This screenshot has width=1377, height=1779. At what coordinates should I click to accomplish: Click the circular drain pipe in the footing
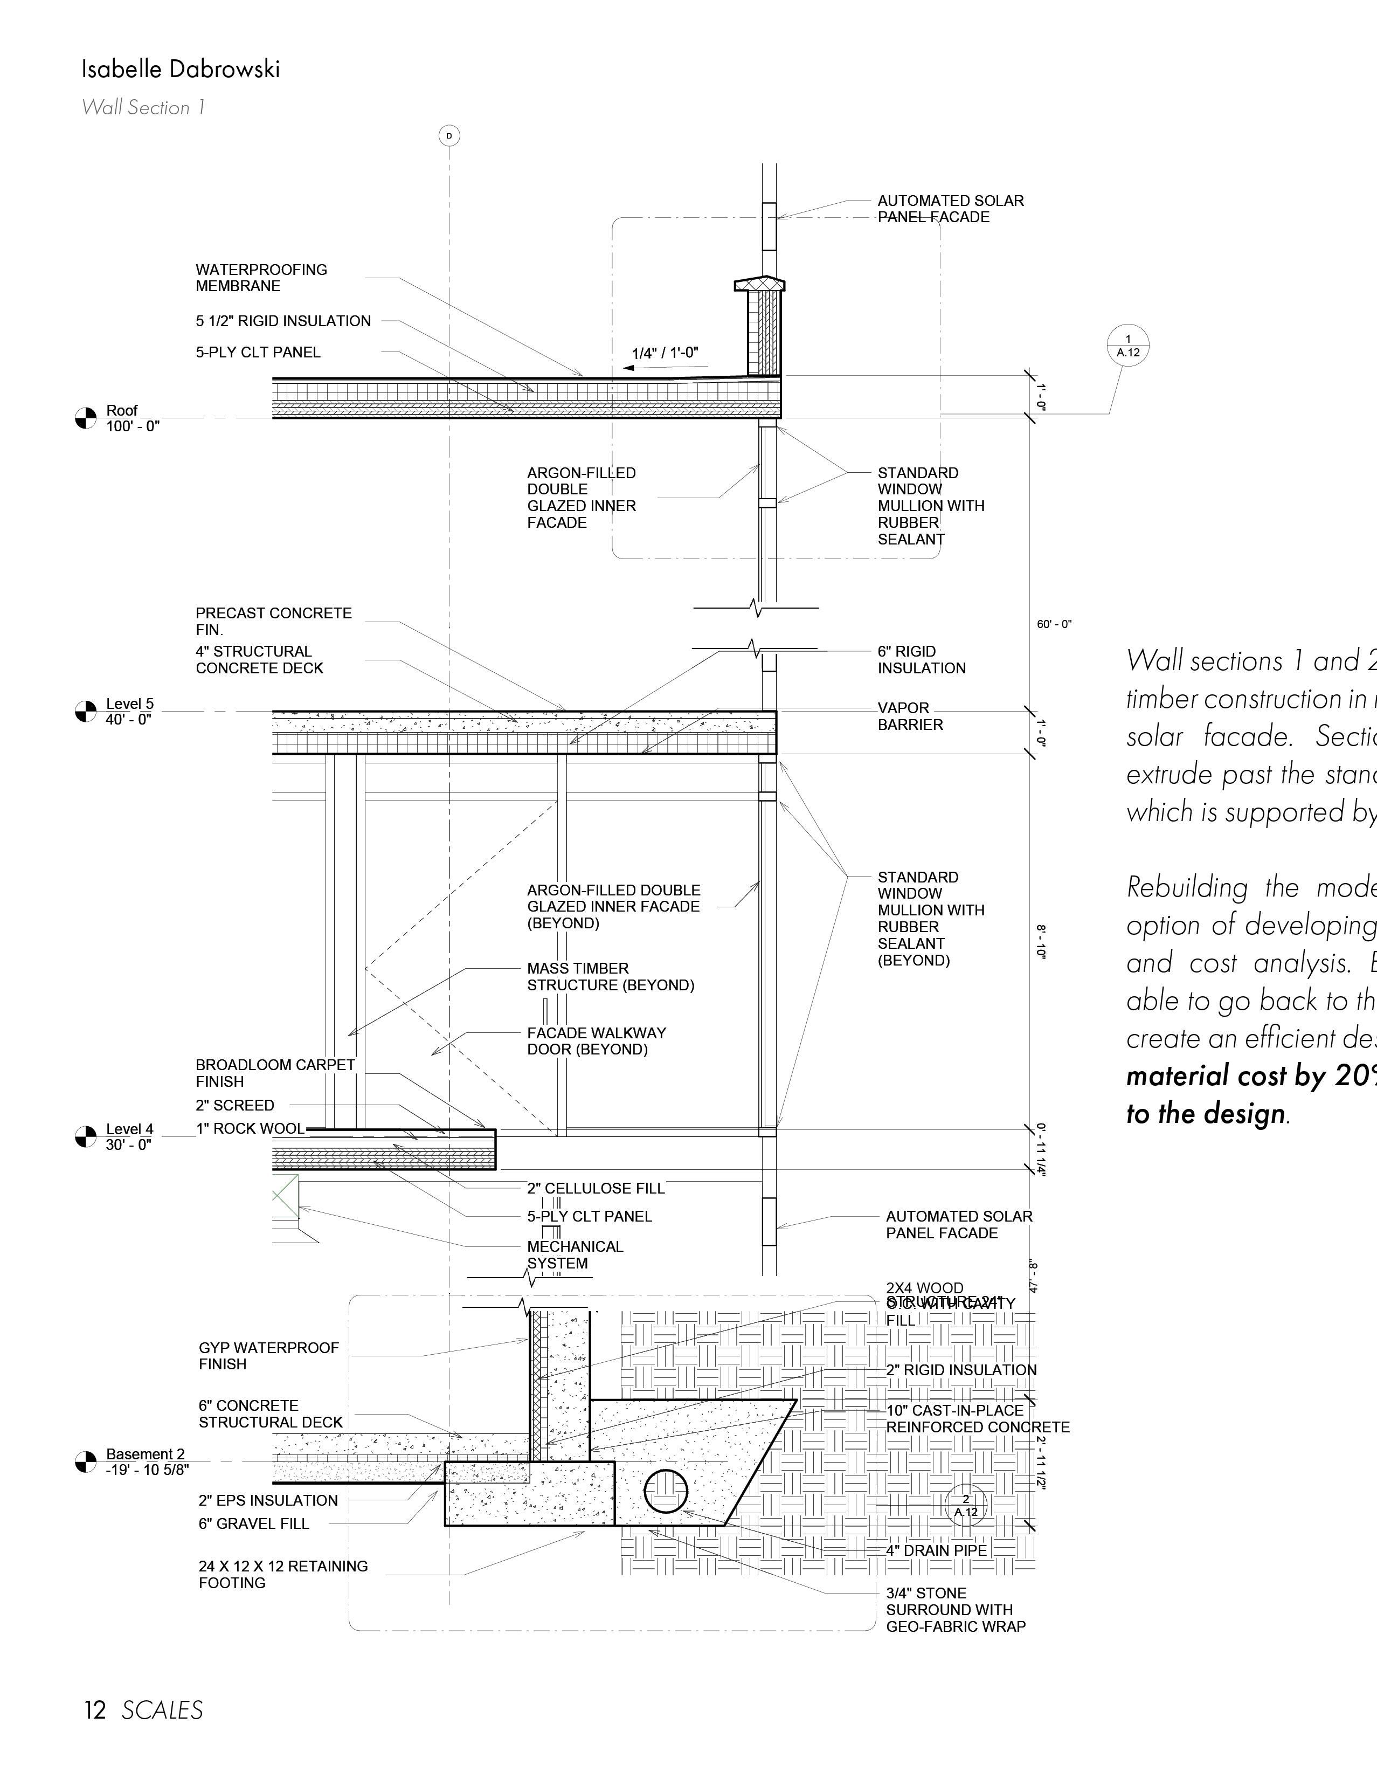point(665,1492)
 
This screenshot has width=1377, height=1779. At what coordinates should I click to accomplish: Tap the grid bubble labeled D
point(449,135)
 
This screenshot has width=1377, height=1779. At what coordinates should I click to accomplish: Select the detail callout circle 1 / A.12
point(1128,346)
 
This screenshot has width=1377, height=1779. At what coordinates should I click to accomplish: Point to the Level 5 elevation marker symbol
point(86,711)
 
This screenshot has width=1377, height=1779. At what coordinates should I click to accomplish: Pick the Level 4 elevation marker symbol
point(86,1136)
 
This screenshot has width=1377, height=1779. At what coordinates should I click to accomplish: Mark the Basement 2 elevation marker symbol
point(86,1462)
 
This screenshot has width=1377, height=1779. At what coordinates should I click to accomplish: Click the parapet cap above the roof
point(760,284)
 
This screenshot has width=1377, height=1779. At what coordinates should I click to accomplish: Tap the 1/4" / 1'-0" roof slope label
point(665,354)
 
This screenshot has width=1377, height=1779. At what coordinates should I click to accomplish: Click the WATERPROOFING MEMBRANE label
point(261,278)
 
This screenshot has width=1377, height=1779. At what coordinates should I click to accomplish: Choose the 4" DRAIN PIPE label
point(937,1551)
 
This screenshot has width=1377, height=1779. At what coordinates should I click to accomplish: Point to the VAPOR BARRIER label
point(910,716)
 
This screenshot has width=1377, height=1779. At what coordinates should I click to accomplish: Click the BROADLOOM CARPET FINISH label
point(274,1073)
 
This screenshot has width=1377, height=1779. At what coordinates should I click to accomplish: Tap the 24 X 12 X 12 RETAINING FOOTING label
point(282,1575)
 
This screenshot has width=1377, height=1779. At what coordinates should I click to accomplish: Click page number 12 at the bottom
point(95,1710)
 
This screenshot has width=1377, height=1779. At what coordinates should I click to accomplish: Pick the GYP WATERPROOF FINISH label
point(268,1355)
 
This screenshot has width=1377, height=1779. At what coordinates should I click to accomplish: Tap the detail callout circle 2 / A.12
point(966,1505)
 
